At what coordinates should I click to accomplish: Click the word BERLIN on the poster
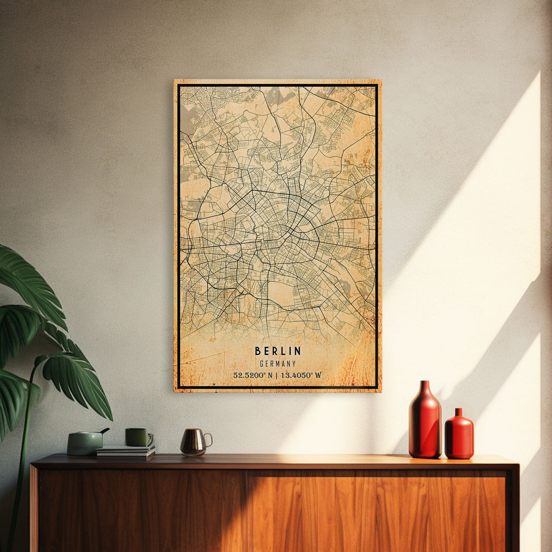point(278,351)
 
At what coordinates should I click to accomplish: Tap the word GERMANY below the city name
point(278,364)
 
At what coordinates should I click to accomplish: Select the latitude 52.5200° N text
point(253,376)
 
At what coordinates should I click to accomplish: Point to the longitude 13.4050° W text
point(301,376)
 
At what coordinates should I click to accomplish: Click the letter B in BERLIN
point(257,351)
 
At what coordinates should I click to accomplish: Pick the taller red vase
point(425,423)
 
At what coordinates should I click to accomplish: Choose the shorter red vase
point(459,435)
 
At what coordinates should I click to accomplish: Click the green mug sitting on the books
point(137,437)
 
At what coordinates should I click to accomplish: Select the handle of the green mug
point(150,438)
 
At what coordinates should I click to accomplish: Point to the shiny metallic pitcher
point(193,441)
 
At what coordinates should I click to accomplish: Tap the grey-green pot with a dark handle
point(85,443)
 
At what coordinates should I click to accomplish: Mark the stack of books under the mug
point(125,452)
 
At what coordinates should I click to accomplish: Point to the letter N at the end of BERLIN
point(298,351)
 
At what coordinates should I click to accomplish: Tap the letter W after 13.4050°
point(318,376)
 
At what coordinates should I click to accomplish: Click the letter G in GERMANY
point(261,364)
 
